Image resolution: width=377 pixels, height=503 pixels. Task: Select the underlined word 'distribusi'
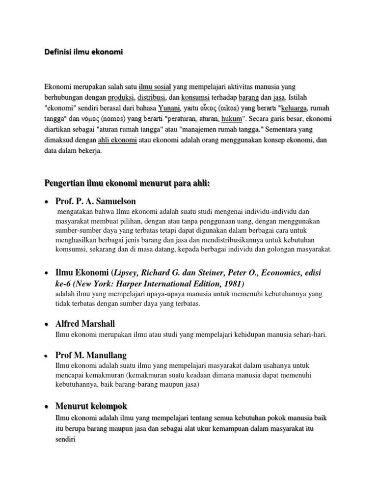[153, 97]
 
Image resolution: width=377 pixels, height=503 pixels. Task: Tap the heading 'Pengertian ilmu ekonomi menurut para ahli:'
[127, 184]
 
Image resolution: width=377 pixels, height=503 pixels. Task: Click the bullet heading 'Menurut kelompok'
[91, 406]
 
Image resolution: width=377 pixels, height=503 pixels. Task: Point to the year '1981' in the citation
[232, 284]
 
